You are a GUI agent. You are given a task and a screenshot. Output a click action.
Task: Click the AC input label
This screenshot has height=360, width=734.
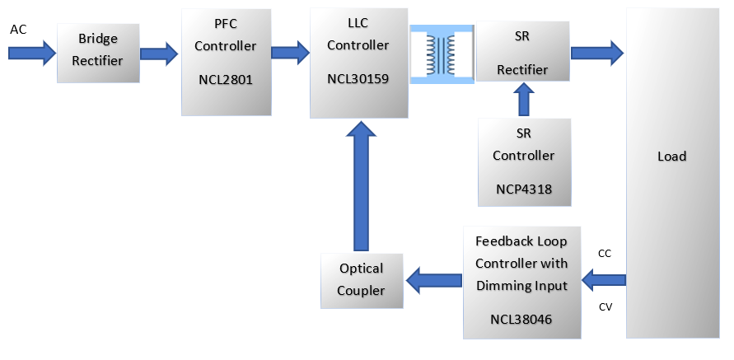pos(18,30)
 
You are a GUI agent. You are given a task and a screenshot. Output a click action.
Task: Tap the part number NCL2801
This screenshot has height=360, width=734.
pos(226,82)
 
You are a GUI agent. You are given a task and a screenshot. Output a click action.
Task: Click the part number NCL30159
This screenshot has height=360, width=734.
pos(358,80)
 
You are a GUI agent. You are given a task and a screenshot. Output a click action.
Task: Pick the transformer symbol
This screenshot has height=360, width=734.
pos(442,53)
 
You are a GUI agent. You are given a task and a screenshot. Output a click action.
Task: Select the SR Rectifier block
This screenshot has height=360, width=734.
pos(522,53)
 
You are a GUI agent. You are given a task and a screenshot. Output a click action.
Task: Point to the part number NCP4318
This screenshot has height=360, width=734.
pos(523,189)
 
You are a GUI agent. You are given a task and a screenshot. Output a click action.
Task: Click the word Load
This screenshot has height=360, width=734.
pos(671,157)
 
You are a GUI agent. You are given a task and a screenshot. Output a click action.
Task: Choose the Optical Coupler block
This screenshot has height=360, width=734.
pos(362,279)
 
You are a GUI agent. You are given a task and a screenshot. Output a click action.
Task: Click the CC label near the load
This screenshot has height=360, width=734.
pos(604,255)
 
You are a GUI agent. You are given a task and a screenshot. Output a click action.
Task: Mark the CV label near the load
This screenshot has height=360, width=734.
pos(604,307)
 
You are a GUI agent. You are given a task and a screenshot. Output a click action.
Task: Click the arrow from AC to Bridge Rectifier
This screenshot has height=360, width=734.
pos(30,53)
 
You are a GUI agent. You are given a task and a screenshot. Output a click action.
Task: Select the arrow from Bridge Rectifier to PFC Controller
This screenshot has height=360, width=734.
pos(158,54)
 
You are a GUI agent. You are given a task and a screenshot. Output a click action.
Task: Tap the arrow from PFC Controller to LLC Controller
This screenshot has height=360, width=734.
pos(289,53)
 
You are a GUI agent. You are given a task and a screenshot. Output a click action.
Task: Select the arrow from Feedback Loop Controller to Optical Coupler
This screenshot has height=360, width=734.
pos(435,280)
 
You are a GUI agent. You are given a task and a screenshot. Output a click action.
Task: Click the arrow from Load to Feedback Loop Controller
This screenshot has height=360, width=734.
pos(603,281)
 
